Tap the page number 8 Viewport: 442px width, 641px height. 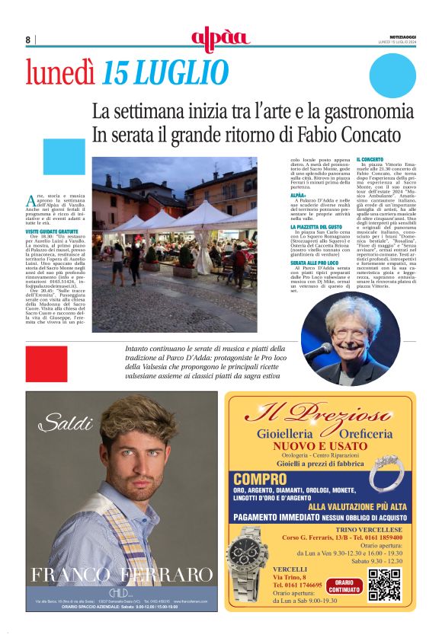point(28,40)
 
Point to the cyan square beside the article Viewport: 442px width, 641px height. point(64,158)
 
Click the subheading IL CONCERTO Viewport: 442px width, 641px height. point(370,159)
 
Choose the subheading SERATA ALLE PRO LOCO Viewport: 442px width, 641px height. point(315,262)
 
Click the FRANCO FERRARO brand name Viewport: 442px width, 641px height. point(122,574)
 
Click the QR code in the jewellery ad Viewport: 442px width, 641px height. point(384,584)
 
